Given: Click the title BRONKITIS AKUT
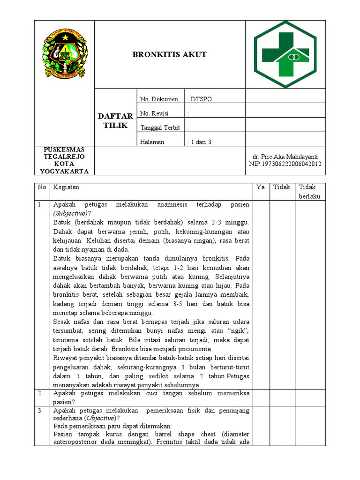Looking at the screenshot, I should [169, 55].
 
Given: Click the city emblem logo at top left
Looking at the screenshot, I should [64, 54].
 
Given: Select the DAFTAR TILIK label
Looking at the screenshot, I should [115, 121].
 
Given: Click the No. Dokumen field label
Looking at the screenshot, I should [159, 99].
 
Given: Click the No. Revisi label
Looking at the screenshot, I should [154, 113].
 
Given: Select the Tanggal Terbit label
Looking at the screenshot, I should [160, 127].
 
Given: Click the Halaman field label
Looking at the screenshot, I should [152, 142].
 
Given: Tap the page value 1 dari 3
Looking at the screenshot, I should [200, 142].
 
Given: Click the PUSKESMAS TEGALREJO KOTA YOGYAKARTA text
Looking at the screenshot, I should [64, 160].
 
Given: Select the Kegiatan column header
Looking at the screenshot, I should [66, 187].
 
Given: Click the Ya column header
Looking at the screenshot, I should [261, 187].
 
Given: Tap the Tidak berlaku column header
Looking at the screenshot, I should [310, 191].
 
